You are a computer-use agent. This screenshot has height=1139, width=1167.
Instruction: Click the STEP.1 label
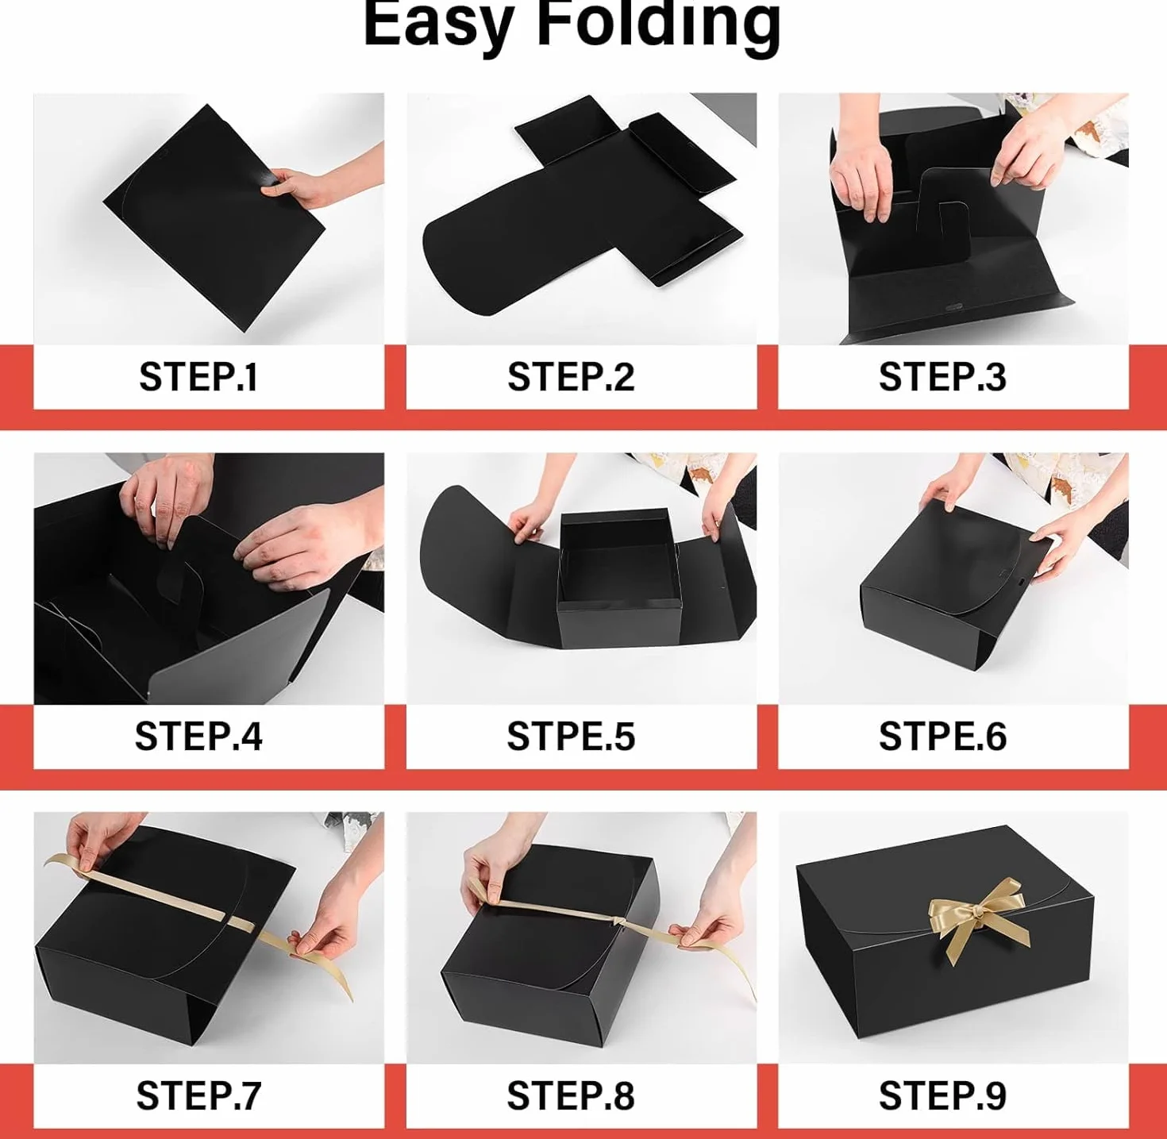pos(198,376)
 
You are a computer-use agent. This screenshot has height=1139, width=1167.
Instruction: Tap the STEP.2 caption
pos(570,376)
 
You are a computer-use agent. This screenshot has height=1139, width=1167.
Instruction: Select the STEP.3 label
pos(942,376)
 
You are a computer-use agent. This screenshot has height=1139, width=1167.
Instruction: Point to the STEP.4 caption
pos(198,736)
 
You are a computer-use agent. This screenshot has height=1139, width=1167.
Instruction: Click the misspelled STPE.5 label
pos(570,736)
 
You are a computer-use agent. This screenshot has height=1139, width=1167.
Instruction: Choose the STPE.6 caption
pos(942,736)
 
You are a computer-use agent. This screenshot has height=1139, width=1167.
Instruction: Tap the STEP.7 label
pos(198,1095)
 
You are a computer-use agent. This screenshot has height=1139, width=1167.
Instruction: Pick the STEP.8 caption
pos(570,1095)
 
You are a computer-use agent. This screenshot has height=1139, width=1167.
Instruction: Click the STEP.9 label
pos(942,1095)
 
